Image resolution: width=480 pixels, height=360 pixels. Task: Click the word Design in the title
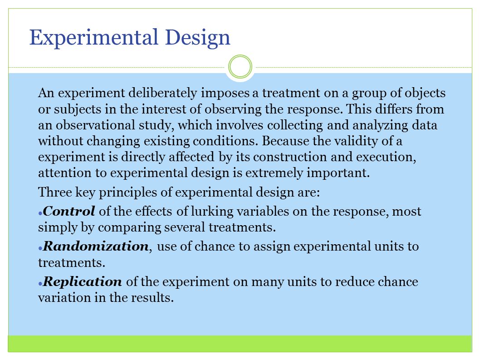[x=197, y=38]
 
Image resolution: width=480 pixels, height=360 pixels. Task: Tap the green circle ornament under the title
[x=240, y=66]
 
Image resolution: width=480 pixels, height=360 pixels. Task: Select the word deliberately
[x=162, y=93]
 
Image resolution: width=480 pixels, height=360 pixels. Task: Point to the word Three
[x=55, y=192]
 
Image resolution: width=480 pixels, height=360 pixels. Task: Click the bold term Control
[x=69, y=211]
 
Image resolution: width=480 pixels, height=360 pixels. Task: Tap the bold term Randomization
[x=96, y=246]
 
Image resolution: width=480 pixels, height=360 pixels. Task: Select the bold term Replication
[x=83, y=281]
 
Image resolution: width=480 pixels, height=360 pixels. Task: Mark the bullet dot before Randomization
[x=40, y=248]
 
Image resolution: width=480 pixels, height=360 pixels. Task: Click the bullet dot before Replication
[x=40, y=284]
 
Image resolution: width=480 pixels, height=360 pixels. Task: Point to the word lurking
[x=212, y=212]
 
